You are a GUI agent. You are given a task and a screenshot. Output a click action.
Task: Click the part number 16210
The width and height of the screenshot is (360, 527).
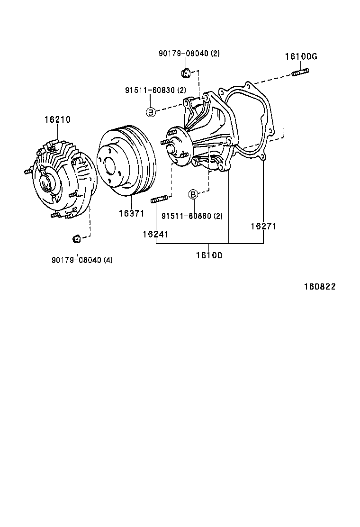click(x=57, y=120)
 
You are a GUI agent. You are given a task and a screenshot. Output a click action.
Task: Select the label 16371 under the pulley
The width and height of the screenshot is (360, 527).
click(x=131, y=214)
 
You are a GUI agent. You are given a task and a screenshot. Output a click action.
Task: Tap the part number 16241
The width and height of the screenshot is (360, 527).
click(x=156, y=234)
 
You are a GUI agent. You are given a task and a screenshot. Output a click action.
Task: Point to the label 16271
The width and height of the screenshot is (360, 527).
click(x=263, y=227)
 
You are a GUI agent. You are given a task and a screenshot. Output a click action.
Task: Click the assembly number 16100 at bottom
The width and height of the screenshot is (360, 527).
click(x=209, y=255)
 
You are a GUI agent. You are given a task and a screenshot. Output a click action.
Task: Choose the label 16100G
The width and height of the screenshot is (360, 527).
click(x=301, y=57)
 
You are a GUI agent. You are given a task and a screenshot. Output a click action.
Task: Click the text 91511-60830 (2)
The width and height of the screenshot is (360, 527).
click(x=155, y=90)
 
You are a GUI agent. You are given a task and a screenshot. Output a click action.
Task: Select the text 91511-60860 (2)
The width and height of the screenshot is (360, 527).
click(x=192, y=216)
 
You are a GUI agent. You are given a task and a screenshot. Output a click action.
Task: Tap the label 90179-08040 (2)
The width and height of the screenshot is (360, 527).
click(x=189, y=54)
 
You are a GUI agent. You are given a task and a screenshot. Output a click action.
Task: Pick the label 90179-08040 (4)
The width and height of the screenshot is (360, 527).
click(x=82, y=260)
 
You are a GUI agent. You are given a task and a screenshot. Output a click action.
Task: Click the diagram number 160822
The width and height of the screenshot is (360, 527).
click(x=320, y=287)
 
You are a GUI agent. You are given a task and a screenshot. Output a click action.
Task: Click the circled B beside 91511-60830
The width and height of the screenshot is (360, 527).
click(x=150, y=112)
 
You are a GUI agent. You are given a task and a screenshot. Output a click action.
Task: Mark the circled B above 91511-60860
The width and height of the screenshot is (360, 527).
click(x=193, y=194)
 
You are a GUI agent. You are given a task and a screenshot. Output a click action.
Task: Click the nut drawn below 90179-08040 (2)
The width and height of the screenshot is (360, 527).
click(x=186, y=73)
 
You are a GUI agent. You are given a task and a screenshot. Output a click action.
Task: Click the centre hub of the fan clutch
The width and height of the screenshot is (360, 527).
click(x=46, y=182)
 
